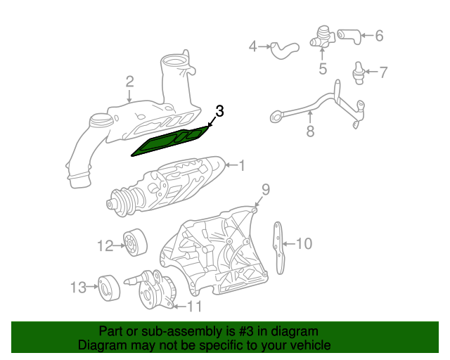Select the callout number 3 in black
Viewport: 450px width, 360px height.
click(x=219, y=111)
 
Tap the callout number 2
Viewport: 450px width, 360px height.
click(x=129, y=82)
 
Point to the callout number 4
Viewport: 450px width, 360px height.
click(x=253, y=47)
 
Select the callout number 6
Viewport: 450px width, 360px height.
click(x=378, y=35)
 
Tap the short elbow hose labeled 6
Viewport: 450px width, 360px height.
click(x=349, y=34)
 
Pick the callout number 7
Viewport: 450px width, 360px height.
click(x=383, y=71)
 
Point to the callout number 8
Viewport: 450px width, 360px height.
click(x=310, y=131)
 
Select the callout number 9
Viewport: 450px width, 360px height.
click(x=266, y=188)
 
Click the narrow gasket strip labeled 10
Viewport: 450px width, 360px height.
click(x=280, y=247)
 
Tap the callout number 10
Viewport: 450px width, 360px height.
click(x=303, y=244)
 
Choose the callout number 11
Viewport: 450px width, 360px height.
click(x=193, y=306)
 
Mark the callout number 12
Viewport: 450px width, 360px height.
click(x=105, y=245)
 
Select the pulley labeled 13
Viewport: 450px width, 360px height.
click(x=108, y=286)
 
